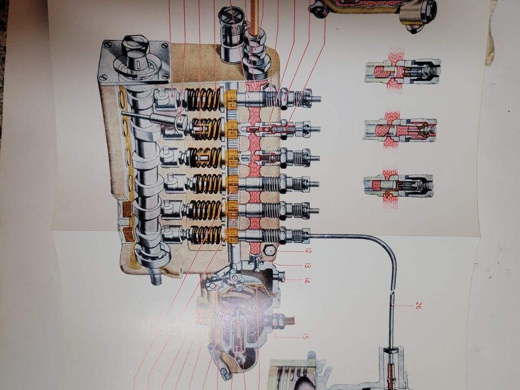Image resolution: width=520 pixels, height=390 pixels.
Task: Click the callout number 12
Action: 308,251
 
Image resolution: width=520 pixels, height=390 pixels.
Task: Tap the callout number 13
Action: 308,265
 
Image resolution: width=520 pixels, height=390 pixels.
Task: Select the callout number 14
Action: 307,281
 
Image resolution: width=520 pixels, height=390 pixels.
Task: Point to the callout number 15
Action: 305,337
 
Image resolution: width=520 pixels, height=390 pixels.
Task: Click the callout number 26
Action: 418,305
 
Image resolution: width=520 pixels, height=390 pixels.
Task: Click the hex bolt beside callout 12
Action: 270,251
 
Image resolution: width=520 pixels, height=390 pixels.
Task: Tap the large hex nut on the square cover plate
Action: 135,45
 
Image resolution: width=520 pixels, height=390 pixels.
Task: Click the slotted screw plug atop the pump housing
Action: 231,15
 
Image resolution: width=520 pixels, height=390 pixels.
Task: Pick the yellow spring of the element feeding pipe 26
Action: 206,235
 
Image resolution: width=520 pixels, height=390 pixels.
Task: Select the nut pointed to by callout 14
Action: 281,276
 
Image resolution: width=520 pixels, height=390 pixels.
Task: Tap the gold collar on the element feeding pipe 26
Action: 232,236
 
